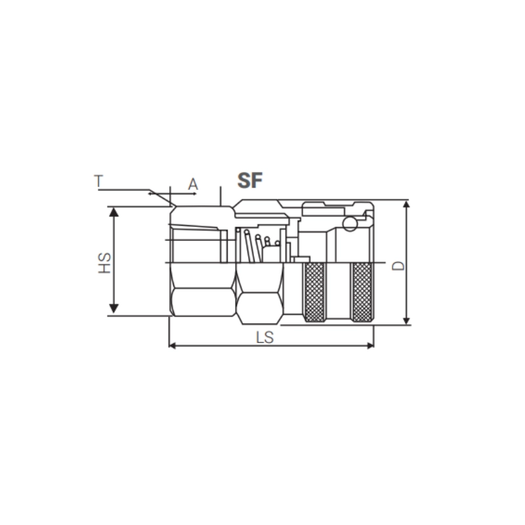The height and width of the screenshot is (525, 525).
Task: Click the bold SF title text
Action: coord(249,181)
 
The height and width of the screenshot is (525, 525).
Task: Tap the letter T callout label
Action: coord(98,182)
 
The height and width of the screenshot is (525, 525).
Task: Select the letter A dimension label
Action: coord(193,184)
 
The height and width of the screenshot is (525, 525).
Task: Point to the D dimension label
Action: coord(397,264)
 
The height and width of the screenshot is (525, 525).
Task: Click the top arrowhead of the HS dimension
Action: coord(114,212)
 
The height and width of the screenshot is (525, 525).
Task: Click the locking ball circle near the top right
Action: coord(350,224)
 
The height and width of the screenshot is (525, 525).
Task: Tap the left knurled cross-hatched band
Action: coord(315,292)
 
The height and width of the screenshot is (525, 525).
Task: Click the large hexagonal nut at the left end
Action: coord(202,289)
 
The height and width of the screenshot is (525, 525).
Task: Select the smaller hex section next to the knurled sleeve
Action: coord(259,292)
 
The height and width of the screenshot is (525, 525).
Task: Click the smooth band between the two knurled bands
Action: coord(337,292)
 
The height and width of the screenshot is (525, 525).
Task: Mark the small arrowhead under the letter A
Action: coord(152,194)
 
